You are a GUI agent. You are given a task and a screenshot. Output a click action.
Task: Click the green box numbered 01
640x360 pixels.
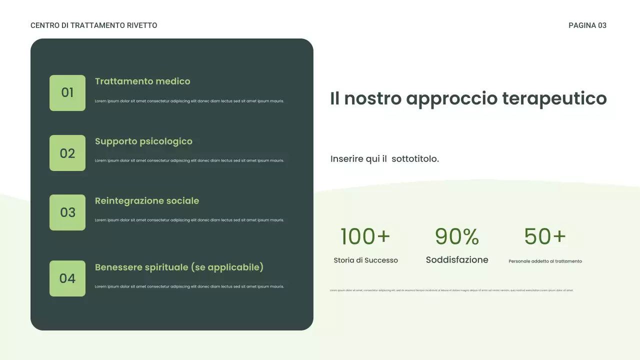[x=67, y=93]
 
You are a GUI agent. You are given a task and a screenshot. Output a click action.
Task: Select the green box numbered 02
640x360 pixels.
[x=67, y=153]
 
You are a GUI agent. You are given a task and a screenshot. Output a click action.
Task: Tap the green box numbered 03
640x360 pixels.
[x=67, y=212]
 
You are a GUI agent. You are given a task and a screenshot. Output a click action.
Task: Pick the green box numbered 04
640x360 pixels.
[x=67, y=278]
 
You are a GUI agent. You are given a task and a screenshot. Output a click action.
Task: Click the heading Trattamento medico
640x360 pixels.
[x=142, y=81]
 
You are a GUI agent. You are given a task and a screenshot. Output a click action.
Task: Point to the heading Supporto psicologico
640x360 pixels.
[x=143, y=141]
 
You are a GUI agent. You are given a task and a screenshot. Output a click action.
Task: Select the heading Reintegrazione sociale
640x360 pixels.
[x=147, y=201]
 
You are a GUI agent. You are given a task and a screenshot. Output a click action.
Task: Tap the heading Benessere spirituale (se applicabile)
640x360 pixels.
[x=179, y=267]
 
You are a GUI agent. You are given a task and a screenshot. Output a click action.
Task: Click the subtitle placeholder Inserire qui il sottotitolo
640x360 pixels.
[x=384, y=159]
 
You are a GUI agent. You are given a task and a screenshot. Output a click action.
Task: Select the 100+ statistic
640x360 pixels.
[x=365, y=236]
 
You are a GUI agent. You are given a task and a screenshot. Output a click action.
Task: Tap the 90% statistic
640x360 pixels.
[x=457, y=236]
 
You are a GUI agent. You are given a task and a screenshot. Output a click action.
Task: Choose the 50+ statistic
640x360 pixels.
[x=545, y=236]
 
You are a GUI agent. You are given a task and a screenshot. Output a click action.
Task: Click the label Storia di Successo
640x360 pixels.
[x=365, y=260]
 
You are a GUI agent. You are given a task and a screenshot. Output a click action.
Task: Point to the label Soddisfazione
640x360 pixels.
[x=457, y=260]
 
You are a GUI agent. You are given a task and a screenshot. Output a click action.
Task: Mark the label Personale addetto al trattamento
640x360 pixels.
[x=545, y=261]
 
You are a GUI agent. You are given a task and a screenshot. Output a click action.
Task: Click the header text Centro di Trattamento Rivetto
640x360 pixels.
[x=94, y=25]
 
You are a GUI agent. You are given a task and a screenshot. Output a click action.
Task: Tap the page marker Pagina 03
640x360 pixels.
[x=587, y=25]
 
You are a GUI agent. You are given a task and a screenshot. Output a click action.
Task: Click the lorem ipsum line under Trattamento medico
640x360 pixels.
[x=189, y=101]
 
